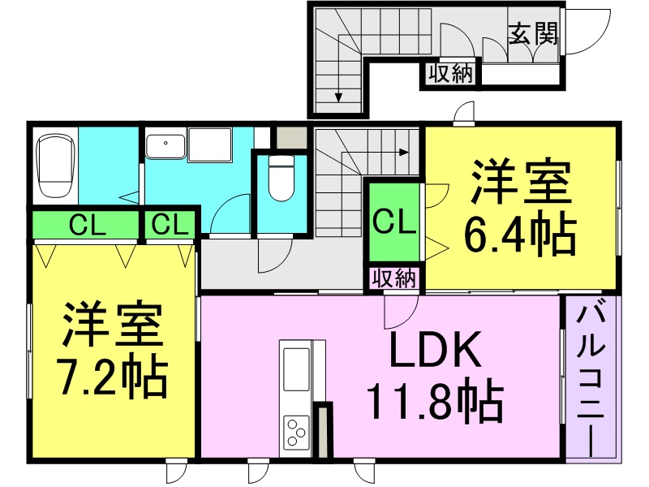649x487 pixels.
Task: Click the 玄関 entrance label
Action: (533, 33)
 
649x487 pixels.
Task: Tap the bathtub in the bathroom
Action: (56, 166)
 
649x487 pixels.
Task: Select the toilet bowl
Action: (282, 178)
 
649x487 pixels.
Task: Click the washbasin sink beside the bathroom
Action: (165, 146)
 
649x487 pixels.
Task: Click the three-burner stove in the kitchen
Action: (296, 432)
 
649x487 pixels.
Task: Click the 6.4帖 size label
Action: (520, 233)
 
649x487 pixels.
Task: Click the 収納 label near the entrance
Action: (450, 74)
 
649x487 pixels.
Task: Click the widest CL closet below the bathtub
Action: (86, 225)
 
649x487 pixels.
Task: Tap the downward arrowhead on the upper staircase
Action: (338, 97)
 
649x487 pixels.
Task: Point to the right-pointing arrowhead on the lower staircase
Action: (404, 153)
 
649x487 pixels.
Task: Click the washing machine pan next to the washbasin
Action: (210, 145)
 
